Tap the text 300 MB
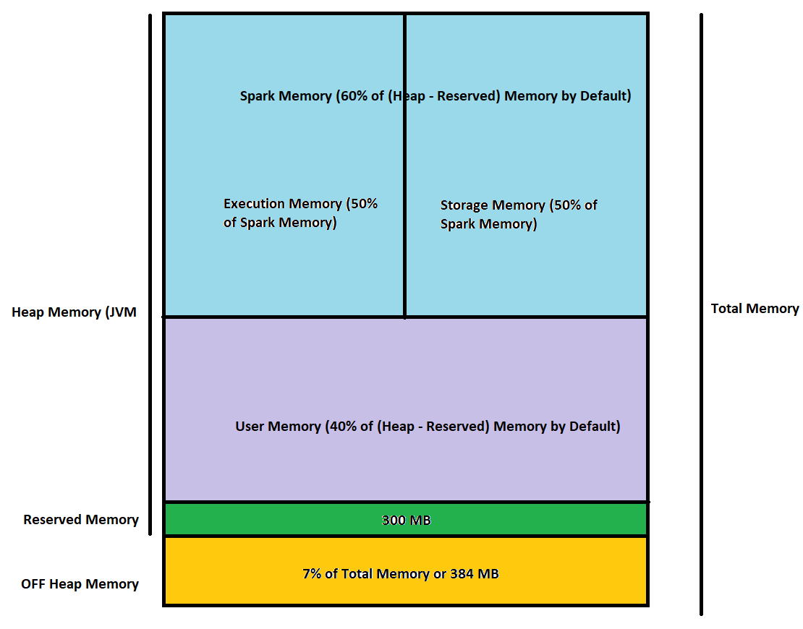[406, 520]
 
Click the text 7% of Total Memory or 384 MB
[400, 574]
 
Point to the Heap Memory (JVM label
[74, 312]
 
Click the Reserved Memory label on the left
[81, 520]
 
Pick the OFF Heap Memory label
[80, 583]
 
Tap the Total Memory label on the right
[755, 309]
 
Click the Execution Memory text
[300, 213]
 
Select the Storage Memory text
[519, 215]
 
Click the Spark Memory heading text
[436, 96]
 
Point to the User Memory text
[428, 427]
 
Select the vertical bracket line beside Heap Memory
[150, 275]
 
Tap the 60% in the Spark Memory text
[352, 96]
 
